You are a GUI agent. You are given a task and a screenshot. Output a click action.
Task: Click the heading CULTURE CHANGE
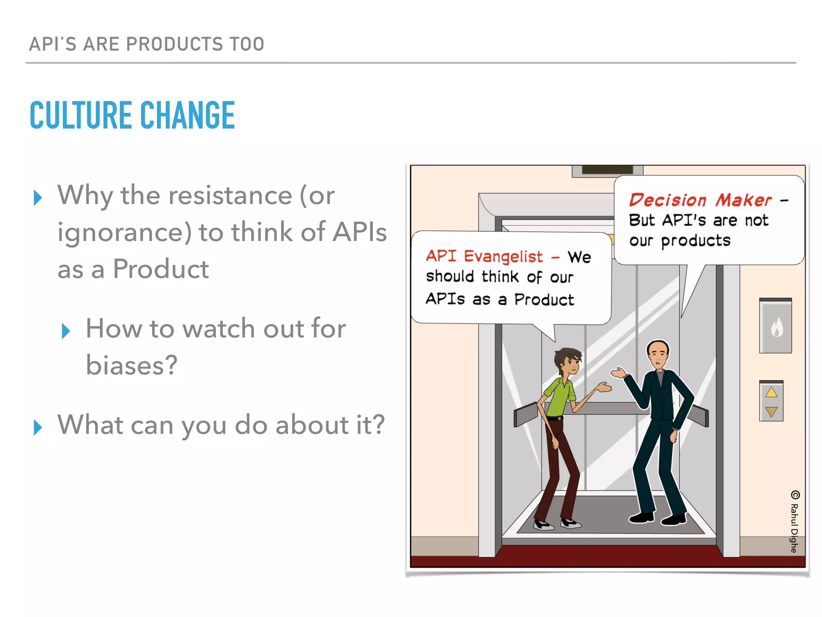pyautogui.click(x=132, y=116)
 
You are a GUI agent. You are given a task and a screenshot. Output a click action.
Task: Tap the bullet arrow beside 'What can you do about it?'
pyautogui.click(x=38, y=427)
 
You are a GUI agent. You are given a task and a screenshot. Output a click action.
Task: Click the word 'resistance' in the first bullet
pyautogui.click(x=230, y=196)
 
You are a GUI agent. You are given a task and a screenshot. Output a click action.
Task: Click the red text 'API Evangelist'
pyautogui.click(x=484, y=256)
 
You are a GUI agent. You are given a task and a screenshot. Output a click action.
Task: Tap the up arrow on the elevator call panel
pyautogui.click(x=771, y=392)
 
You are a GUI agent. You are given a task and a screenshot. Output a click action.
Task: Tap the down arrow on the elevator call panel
pyautogui.click(x=771, y=411)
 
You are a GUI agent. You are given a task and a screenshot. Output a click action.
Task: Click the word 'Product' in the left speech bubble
pyautogui.click(x=544, y=300)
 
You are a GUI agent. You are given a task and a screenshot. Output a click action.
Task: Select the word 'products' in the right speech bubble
pyautogui.click(x=695, y=241)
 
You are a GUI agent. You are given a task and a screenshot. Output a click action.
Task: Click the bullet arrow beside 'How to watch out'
pyautogui.click(x=66, y=331)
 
